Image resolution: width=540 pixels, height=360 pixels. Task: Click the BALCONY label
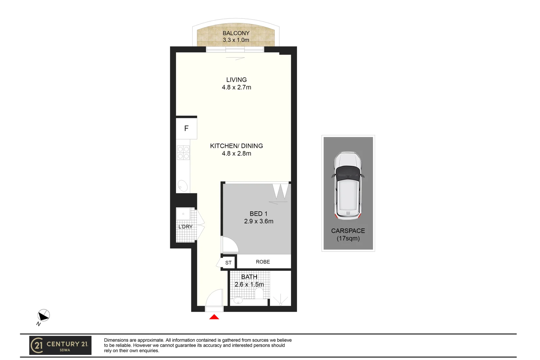(x=236, y=33)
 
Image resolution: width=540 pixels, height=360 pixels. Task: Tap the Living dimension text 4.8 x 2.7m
(x=236, y=87)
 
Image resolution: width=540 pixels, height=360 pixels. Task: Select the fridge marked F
(x=186, y=128)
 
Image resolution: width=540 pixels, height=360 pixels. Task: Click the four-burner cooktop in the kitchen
(x=183, y=153)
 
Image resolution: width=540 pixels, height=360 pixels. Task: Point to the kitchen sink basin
(x=183, y=185)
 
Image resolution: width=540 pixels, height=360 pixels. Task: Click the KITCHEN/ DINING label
(x=236, y=146)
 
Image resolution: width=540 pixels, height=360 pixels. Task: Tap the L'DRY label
(x=185, y=227)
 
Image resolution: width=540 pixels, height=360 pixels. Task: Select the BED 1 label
(x=258, y=214)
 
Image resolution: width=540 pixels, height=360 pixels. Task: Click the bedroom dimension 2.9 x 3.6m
(x=258, y=221)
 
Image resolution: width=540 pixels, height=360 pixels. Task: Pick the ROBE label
(x=263, y=262)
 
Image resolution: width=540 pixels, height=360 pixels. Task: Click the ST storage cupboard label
(x=228, y=263)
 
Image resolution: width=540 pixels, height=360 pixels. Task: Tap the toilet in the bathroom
(x=259, y=293)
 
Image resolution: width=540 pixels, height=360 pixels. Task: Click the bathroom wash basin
(x=238, y=300)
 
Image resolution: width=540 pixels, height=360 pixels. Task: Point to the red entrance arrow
(x=214, y=317)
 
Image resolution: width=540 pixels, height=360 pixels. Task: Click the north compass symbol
(x=43, y=315)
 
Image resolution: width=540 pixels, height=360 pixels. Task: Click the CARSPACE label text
(x=348, y=231)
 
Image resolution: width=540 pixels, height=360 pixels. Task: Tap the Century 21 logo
(x=60, y=345)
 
